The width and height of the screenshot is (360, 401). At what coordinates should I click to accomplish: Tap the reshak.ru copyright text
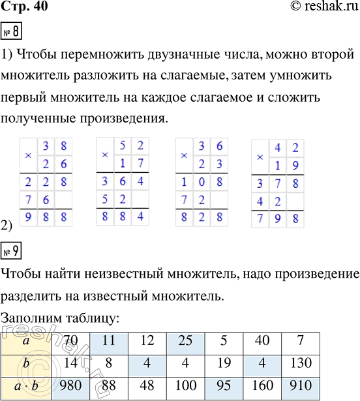click(319, 8)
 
